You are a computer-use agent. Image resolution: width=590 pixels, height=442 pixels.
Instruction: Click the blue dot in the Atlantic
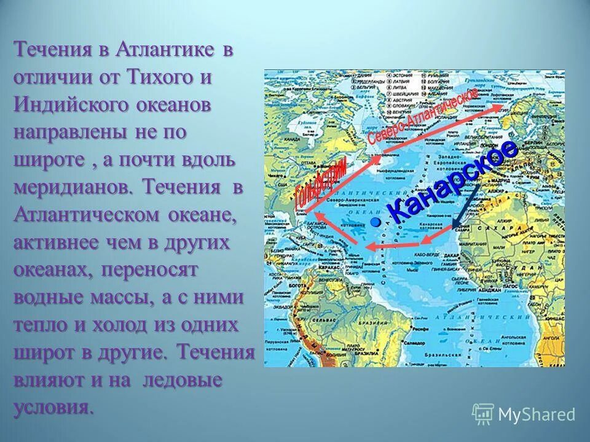click(x=376, y=220)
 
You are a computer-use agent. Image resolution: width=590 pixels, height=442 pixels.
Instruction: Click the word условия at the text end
click(x=54, y=407)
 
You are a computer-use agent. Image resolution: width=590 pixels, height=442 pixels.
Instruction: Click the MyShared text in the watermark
click(x=537, y=415)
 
